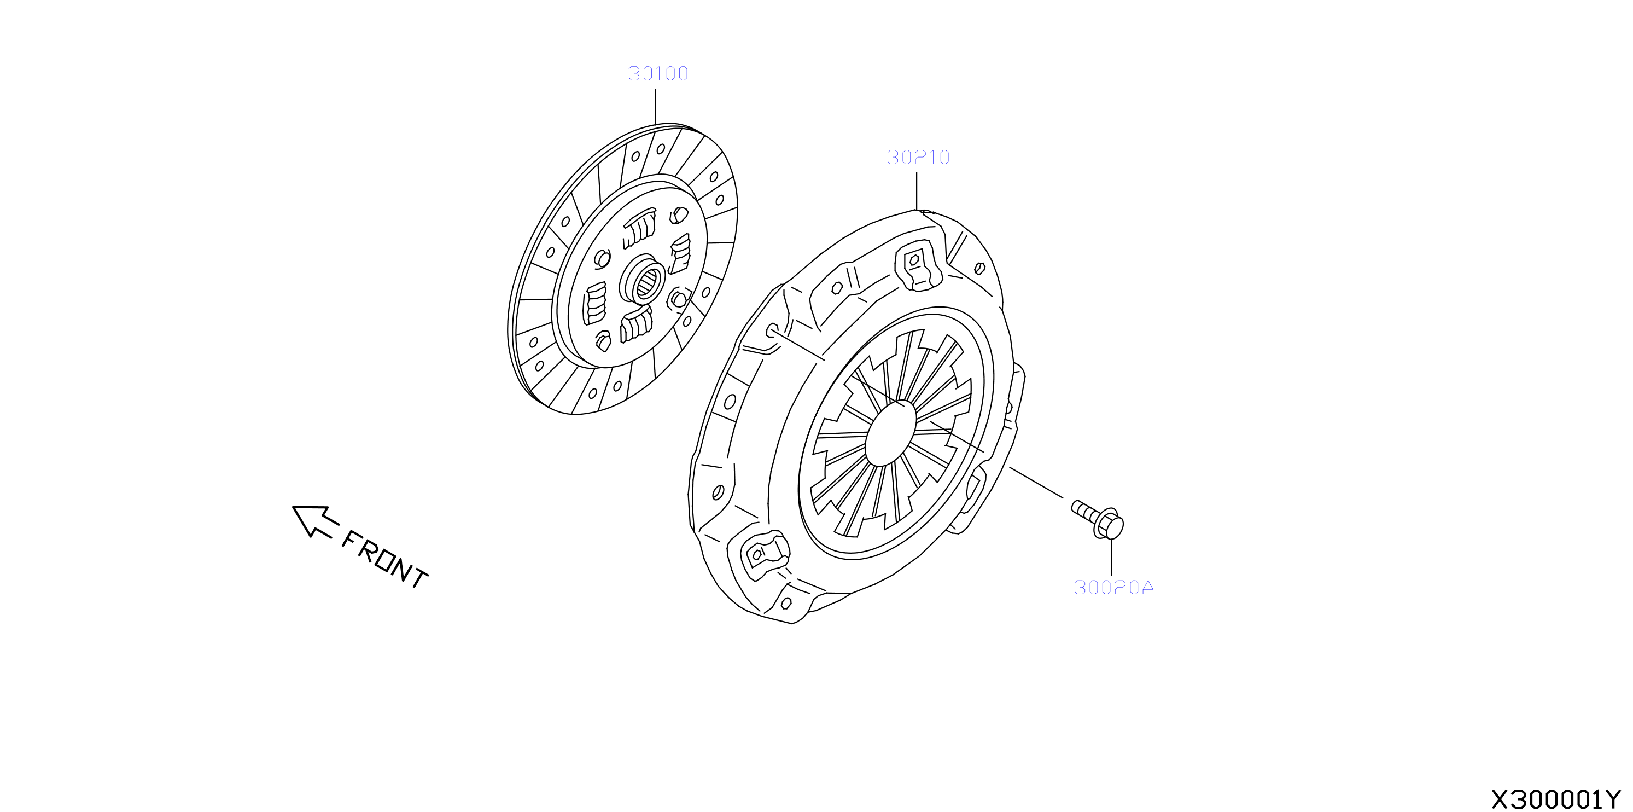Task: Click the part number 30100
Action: click(658, 73)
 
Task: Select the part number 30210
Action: click(918, 158)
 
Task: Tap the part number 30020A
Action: click(1114, 588)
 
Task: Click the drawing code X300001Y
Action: click(1555, 799)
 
